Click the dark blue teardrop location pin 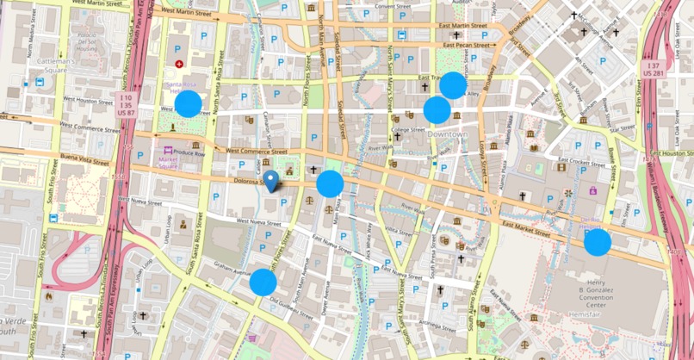pos(271,181)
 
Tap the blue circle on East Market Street pos(598,242)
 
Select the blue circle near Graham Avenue pos(263,282)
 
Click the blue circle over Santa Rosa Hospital pos(188,104)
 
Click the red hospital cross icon pos(179,64)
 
